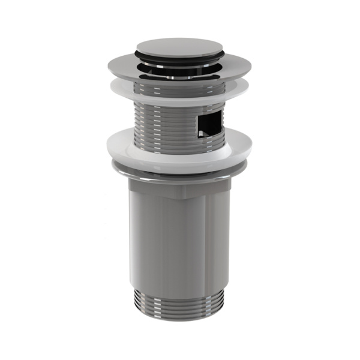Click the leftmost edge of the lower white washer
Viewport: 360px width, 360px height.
pyautogui.click(x=107, y=144)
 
